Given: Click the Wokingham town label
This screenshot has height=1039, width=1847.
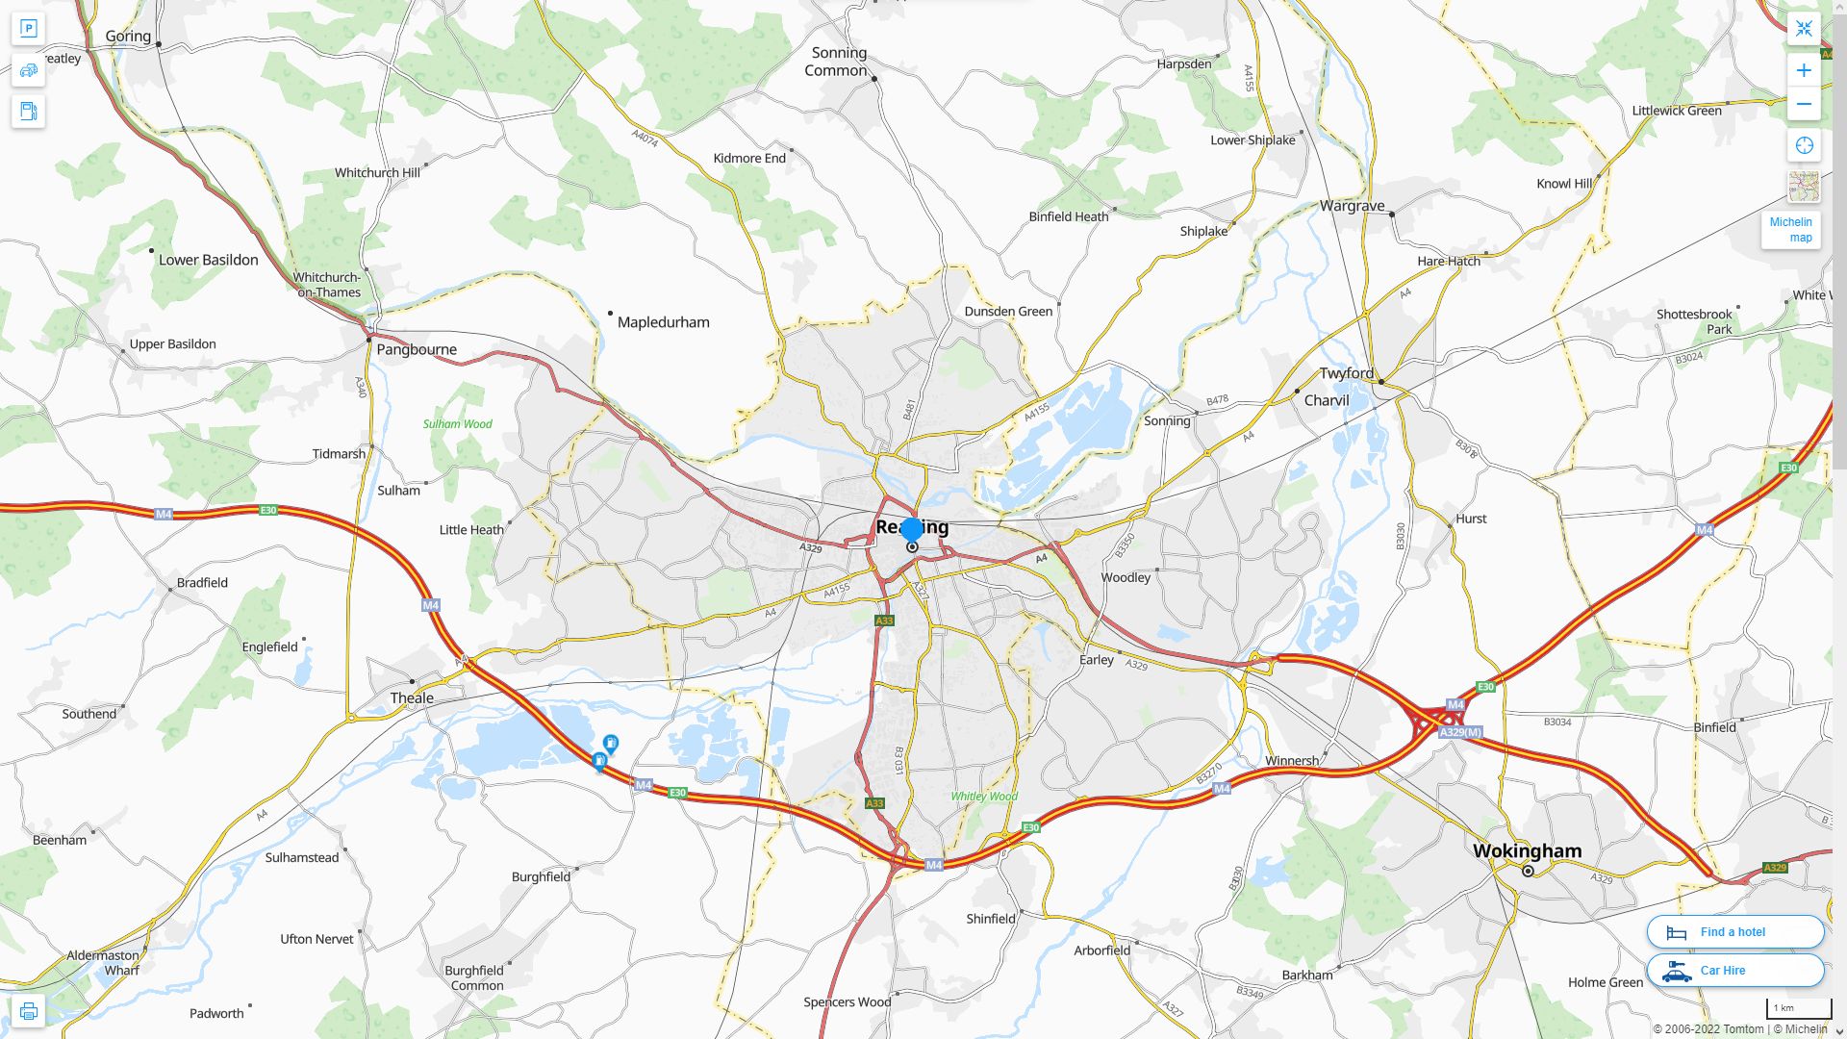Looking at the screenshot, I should (x=1527, y=850).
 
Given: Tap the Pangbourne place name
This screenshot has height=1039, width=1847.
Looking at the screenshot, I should (x=417, y=349).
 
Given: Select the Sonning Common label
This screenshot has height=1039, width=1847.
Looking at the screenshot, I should (x=837, y=62).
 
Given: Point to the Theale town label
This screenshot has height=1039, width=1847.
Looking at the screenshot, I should (x=412, y=697).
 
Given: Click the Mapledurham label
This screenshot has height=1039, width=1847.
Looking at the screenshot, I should (x=663, y=322).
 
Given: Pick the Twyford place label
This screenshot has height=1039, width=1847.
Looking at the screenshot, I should (x=1346, y=373).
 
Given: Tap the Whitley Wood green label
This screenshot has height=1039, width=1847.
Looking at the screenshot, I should (x=983, y=797).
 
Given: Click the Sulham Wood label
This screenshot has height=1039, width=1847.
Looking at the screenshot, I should (x=457, y=424).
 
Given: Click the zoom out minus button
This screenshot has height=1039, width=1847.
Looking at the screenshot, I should (x=1804, y=104).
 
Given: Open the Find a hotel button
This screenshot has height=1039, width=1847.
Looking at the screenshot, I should (x=1734, y=931).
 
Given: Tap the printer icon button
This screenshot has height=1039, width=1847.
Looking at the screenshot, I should (x=28, y=1011).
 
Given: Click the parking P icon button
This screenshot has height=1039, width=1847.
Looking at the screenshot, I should (x=28, y=28).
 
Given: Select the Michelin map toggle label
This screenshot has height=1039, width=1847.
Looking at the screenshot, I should (x=1790, y=230).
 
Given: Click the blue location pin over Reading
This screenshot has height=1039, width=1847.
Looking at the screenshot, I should (x=911, y=529).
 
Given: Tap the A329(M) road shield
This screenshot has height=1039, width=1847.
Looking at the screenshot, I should (x=1460, y=732).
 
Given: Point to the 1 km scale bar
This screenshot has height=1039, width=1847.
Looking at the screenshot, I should (x=1798, y=1009).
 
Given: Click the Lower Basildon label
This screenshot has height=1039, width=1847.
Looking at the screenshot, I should (x=208, y=260).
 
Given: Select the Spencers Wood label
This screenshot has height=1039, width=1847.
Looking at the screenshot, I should (x=847, y=1001).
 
